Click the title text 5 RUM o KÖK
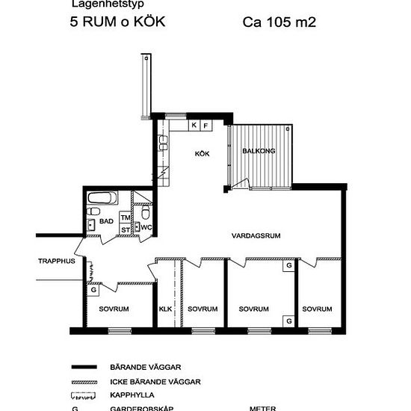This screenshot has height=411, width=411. (x=117, y=22)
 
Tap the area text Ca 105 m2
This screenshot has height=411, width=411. (x=279, y=22)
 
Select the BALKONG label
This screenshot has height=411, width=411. (x=259, y=151)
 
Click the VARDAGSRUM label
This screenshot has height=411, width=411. (x=255, y=235)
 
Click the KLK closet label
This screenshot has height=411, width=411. (x=166, y=309)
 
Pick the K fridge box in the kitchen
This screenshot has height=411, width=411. (x=194, y=126)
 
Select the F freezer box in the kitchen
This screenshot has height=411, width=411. (x=206, y=126)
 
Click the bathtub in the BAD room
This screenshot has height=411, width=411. (x=100, y=200)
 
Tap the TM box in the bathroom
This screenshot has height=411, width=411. (x=126, y=217)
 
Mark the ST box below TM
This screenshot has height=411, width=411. (x=126, y=229)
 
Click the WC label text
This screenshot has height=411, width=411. (x=147, y=227)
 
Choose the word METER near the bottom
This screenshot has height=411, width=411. (x=262, y=408)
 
